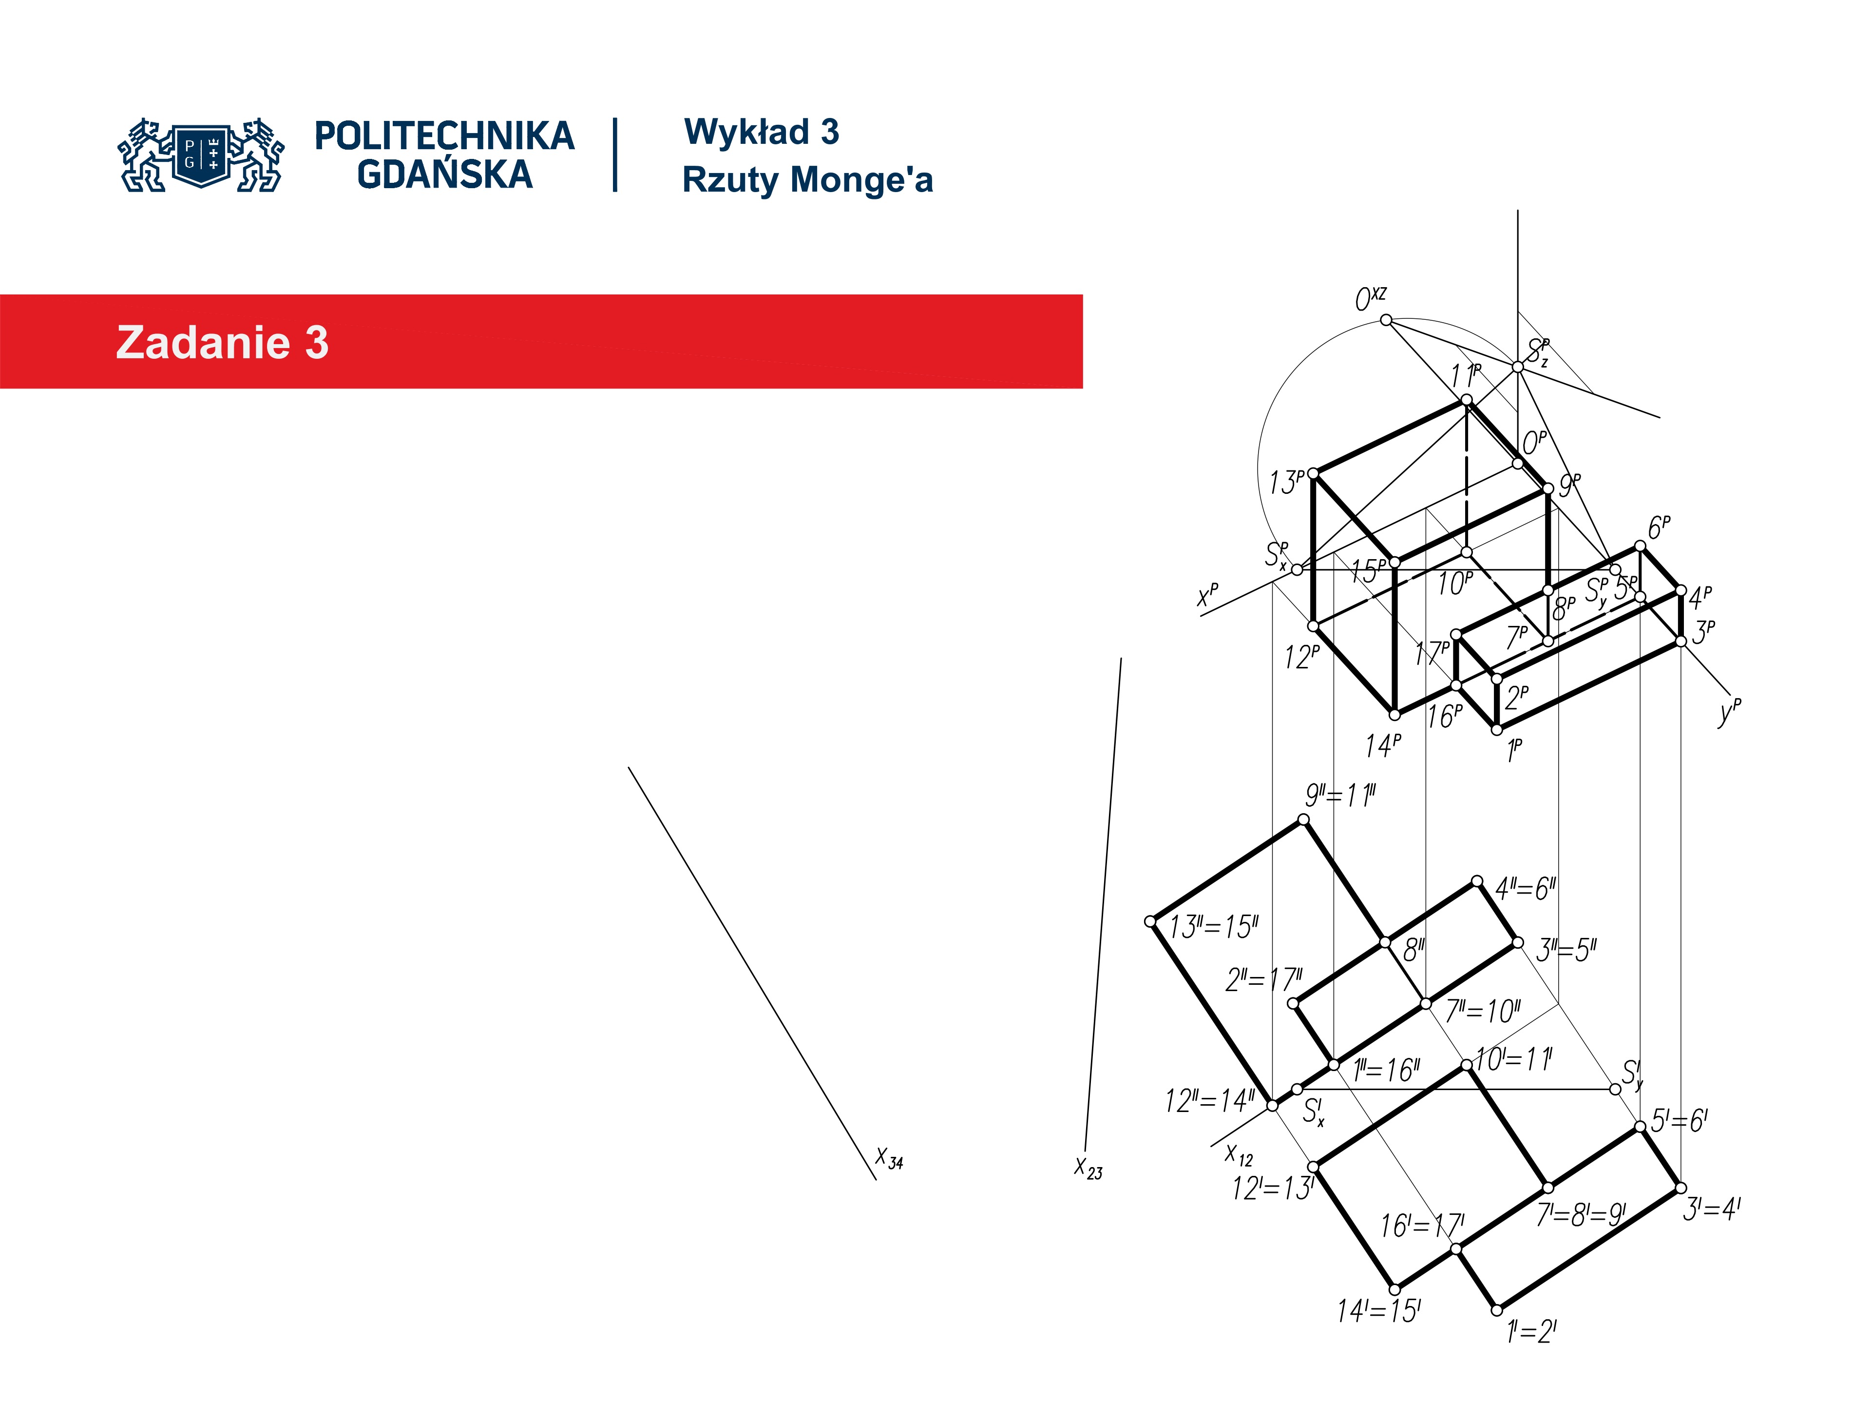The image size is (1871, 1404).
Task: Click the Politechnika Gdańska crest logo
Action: point(201,155)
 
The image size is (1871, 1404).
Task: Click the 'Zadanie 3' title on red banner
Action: point(222,343)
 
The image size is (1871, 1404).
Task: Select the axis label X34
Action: point(889,1159)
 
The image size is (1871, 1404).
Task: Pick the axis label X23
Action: point(1088,1169)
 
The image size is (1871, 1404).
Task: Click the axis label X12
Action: point(1239,1155)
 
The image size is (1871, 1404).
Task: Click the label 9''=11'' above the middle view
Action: point(1341,796)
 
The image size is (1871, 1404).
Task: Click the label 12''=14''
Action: point(1209,1101)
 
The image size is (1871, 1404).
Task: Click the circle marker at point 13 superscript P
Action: point(1314,474)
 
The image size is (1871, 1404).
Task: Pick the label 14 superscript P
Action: point(1383,745)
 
